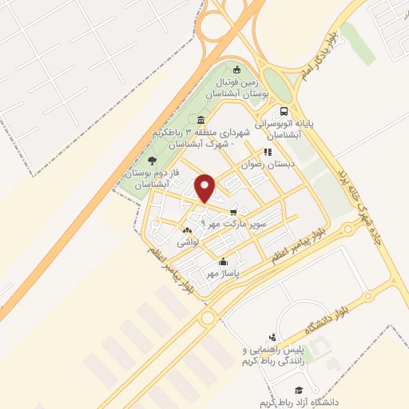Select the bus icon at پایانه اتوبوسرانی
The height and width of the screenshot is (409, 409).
(283, 113)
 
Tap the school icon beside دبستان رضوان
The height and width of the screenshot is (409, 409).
(268, 151)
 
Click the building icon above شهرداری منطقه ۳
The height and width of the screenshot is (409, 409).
(211, 121)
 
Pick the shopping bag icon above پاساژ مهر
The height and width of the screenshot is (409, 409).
(223, 262)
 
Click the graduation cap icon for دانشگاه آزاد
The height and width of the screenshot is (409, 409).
(299, 389)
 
